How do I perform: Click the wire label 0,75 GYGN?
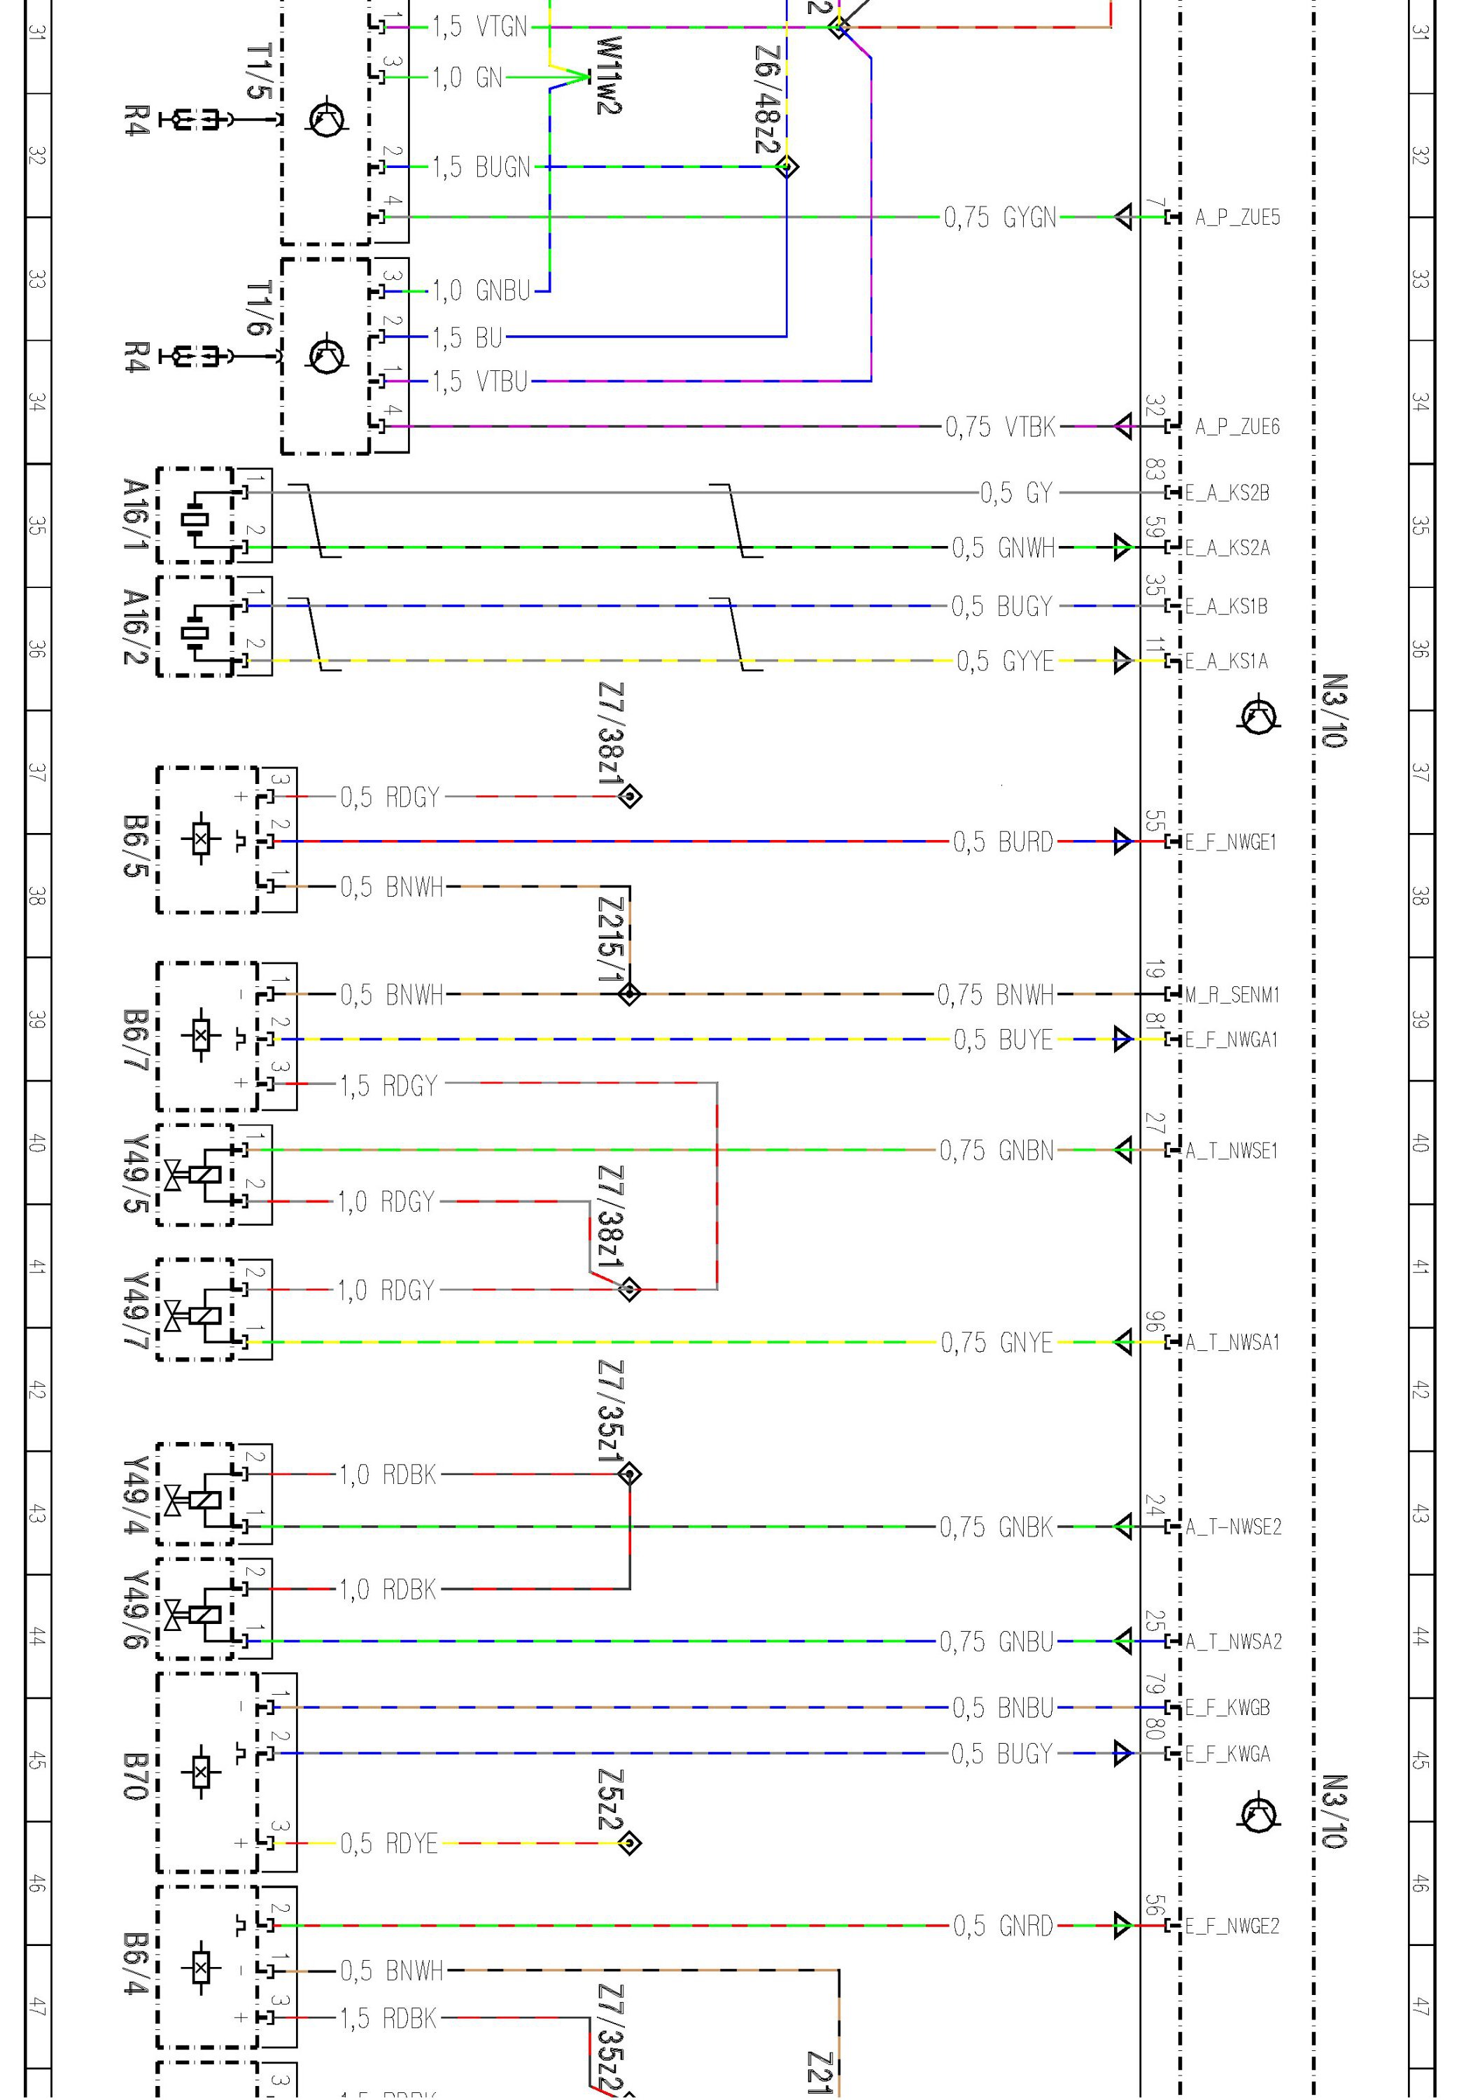point(1000,218)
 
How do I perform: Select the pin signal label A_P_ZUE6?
point(1237,427)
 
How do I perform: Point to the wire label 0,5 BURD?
point(1003,842)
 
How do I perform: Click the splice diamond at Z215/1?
point(630,994)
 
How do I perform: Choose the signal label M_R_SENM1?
point(1232,995)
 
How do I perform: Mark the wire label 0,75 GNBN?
point(996,1150)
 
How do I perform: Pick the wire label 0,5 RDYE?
point(388,1843)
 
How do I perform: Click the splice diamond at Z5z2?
point(630,1843)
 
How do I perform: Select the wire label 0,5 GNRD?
point(1003,1926)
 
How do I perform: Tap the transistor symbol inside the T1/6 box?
point(326,356)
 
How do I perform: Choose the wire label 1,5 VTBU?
point(480,381)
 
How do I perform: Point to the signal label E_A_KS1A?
point(1227,661)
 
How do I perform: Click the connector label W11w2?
point(608,76)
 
